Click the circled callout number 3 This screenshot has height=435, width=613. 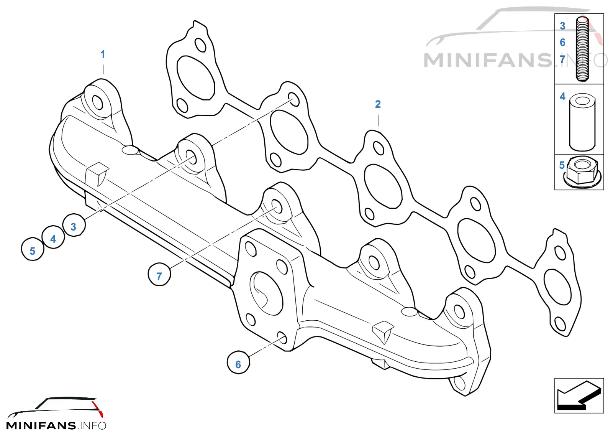(74, 225)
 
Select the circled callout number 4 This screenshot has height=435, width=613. (53, 237)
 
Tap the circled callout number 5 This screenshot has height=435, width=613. (33, 249)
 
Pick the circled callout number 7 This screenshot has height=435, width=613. (159, 275)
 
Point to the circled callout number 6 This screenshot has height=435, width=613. (238, 362)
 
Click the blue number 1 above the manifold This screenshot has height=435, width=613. (103, 54)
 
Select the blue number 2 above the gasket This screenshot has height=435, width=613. (378, 104)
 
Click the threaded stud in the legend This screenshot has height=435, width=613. (582, 49)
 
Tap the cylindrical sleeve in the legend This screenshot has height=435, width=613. (582, 122)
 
